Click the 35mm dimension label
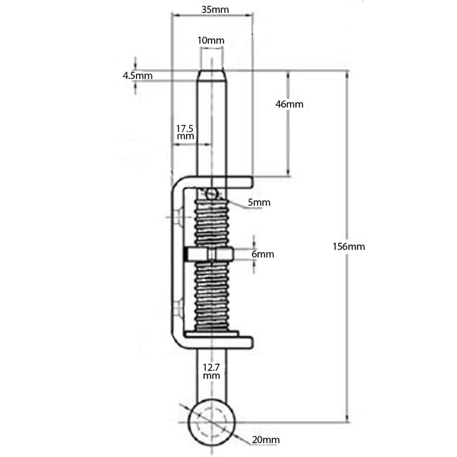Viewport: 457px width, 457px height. [215, 10]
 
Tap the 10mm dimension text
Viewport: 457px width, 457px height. [210, 41]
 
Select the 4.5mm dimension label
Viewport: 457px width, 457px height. [138, 76]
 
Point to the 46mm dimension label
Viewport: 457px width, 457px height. [289, 104]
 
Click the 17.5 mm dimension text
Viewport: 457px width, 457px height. [185, 132]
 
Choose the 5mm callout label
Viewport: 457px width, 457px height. [259, 202]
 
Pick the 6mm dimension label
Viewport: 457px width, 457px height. [263, 254]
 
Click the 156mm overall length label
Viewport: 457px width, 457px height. [349, 247]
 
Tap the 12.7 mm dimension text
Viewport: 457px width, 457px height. [211, 371]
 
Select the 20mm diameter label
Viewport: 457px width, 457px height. [266, 440]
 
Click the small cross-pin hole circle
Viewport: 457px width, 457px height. [212, 193]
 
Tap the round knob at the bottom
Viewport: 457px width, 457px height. [211, 422]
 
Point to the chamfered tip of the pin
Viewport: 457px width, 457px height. [212, 75]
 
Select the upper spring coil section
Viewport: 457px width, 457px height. [211, 223]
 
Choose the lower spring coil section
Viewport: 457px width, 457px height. [211, 296]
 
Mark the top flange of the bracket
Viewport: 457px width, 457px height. [216, 182]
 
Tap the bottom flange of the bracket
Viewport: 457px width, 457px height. [216, 343]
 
